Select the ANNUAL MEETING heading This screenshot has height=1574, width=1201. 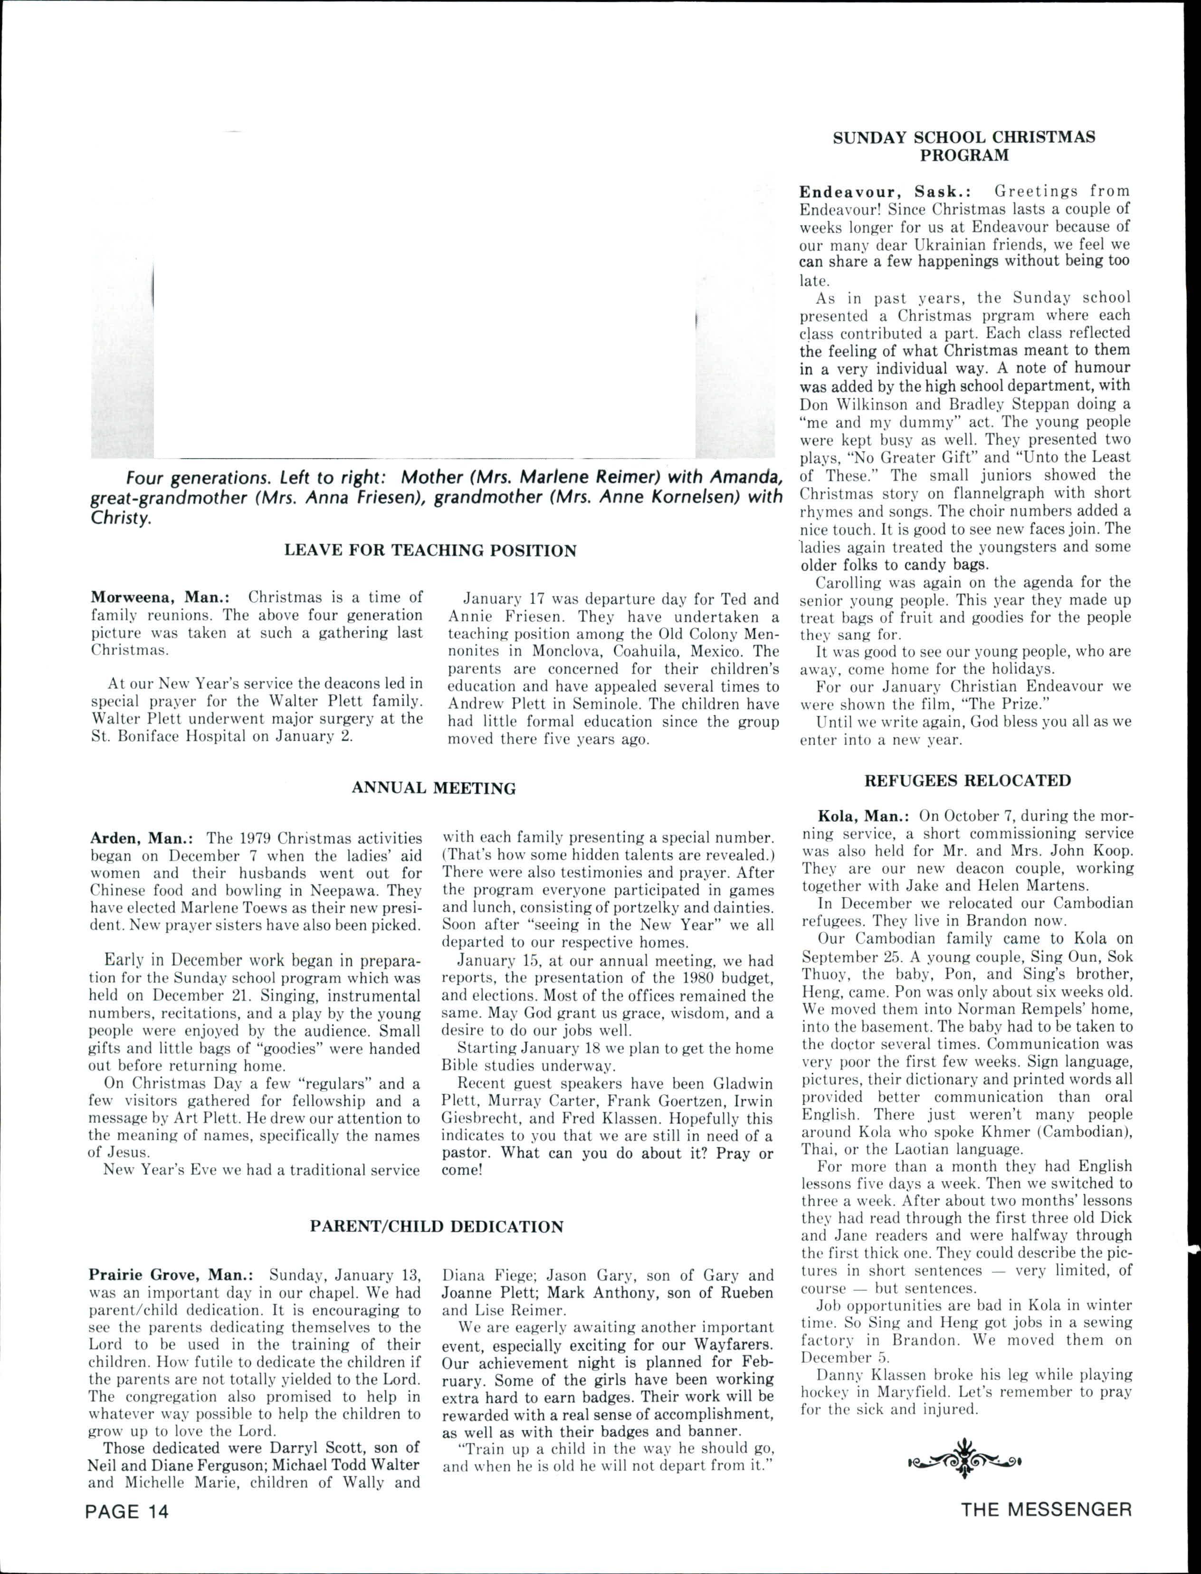(433, 788)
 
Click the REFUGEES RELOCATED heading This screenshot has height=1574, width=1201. (968, 780)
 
